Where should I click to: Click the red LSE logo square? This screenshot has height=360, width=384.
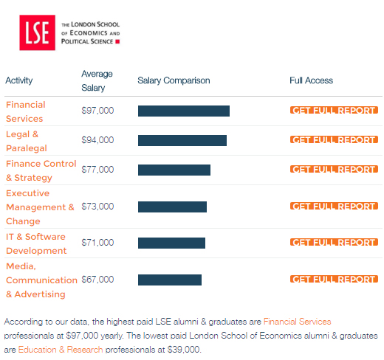pyautogui.click(x=37, y=32)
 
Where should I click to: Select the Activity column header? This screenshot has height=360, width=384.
pyautogui.click(x=19, y=80)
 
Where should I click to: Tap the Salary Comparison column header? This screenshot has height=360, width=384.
pyautogui.click(x=174, y=80)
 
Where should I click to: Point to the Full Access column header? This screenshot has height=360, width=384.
pyautogui.click(x=311, y=80)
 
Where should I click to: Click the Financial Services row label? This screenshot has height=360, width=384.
pyautogui.click(x=26, y=111)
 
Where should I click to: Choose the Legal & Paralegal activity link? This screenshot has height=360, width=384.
pyautogui.click(x=27, y=141)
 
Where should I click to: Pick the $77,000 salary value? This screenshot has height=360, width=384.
pyautogui.click(x=97, y=170)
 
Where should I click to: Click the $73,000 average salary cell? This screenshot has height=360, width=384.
pyautogui.click(x=97, y=207)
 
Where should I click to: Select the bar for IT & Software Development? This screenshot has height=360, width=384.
pyautogui.click(x=171, y=243)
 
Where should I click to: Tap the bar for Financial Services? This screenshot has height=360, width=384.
pyautogui.click(x=184, y=111)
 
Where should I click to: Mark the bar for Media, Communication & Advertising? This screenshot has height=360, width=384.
pyautogui.click(x=170, y=280)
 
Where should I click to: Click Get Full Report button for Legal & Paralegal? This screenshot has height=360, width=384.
pyautogui.click(x=334, y=139)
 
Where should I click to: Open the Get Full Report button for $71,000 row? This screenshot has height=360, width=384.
pyautogui.click(x=334, y=242)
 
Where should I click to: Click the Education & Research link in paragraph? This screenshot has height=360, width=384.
pyautogui.click(x=61, y=350)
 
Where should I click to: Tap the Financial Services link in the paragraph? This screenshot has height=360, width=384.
pyautogui.click(x=297, y=322)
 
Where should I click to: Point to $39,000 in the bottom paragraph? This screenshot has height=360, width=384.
pyautogui.click(x=184, y=350)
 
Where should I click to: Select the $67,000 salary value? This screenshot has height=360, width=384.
pyautogui.click(x=97, y=280)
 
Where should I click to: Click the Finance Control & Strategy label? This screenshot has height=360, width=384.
pyautogui.click(x=41, y=170)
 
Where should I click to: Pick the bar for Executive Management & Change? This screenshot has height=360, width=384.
pyautogui.click(x=172, y=207)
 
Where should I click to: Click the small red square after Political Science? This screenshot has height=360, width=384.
pyautogui.click(x=117, y=41)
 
